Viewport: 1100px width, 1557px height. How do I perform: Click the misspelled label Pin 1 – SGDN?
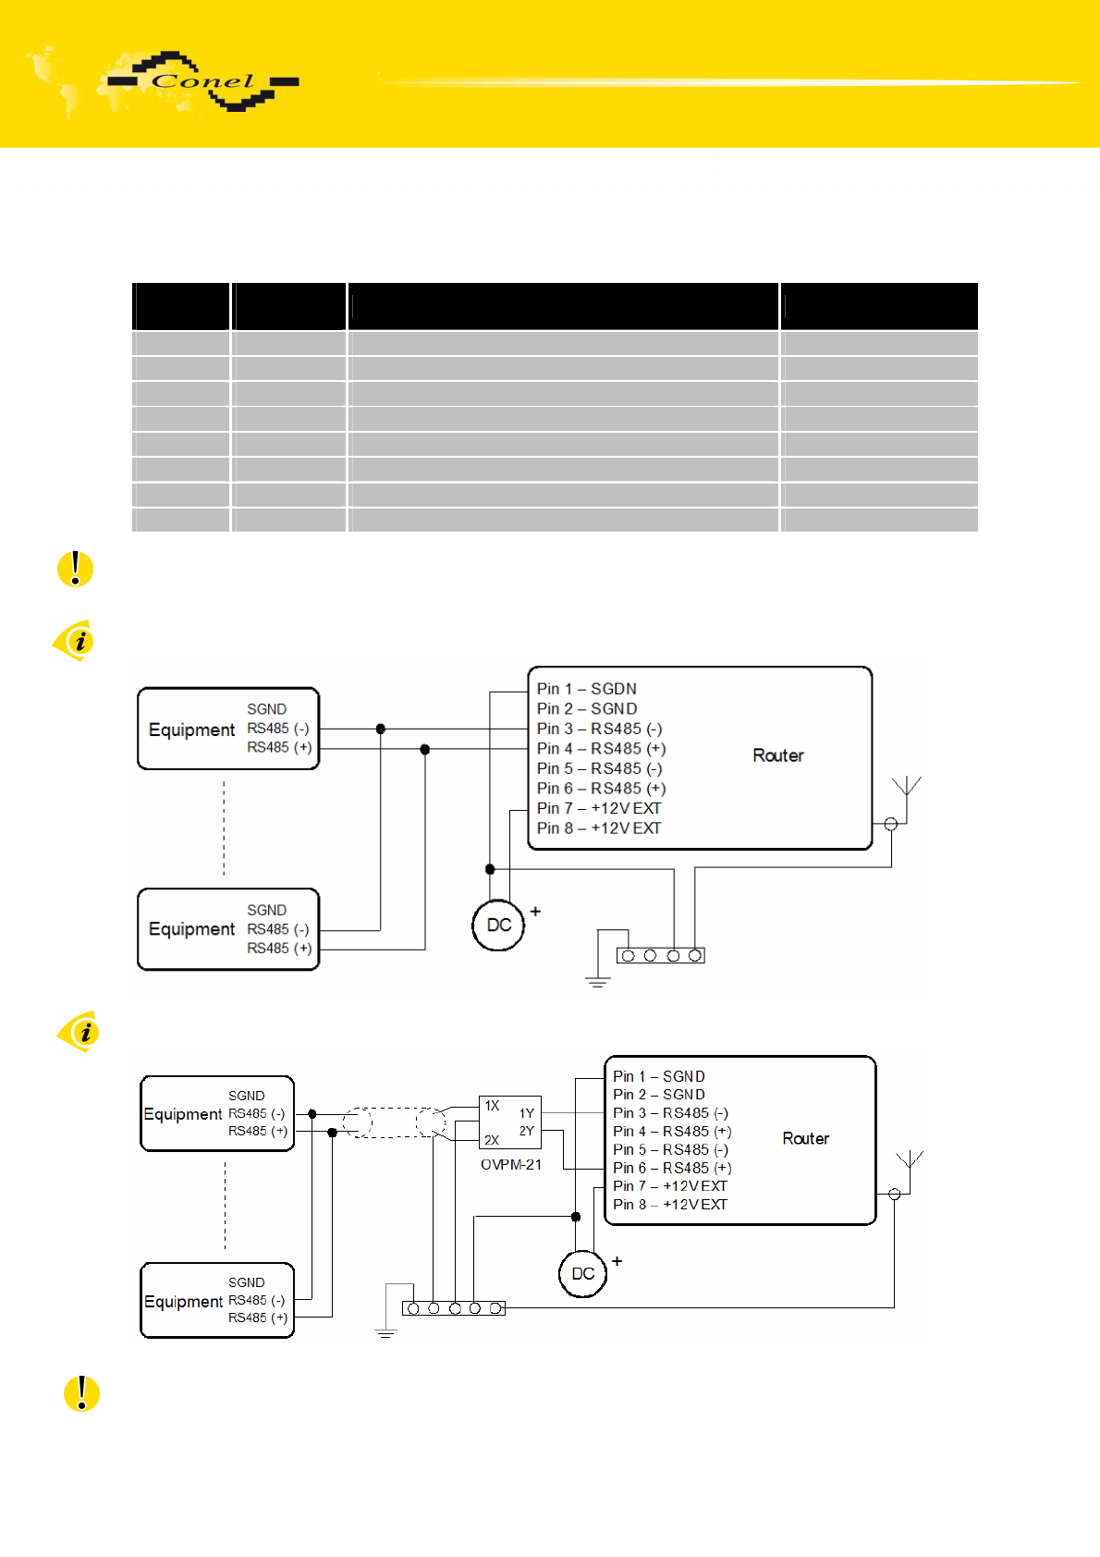tap(586, 689)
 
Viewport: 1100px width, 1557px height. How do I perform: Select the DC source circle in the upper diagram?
tap(498, 926)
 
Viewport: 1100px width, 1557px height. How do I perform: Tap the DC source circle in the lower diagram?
tap(582, 1273)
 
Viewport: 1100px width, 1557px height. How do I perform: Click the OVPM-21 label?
tap(511, 1164)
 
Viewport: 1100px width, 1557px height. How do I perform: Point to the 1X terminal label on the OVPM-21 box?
tap(492, 1106)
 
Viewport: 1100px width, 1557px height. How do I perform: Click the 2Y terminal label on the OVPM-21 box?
tap(527, 1131)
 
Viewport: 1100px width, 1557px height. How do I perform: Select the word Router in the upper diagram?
tap(777, 755)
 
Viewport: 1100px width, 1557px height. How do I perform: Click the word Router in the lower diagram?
tap(805, 1138)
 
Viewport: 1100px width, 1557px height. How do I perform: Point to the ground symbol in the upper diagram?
tap(597, 982)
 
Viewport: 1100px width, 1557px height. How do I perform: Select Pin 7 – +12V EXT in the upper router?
tap(599, 808)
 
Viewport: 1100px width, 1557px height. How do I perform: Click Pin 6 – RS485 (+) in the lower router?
tap(672, 1168)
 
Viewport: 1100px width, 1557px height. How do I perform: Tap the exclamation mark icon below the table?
tap(75, 569)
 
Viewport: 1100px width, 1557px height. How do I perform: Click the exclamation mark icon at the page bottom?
tap(81, 1393)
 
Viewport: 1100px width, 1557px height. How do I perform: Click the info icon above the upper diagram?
tap(75, 640)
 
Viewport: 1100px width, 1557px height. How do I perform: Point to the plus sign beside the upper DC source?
tap(535, 912)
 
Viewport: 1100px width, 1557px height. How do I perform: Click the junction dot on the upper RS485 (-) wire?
tap(380, 729)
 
